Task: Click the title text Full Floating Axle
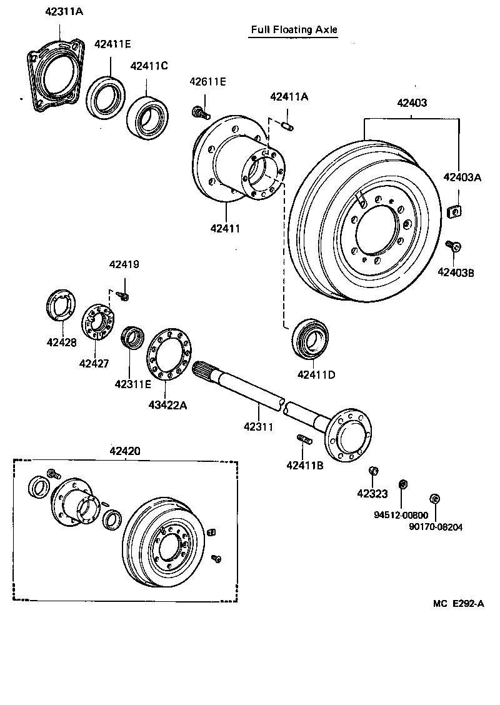tap(293, 29)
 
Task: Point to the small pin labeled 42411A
tap(288, 127)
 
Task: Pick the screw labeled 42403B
tap(455, 246)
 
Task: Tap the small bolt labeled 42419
tap(124, 295)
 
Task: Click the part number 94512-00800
tap(401, 516)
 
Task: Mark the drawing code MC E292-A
tap(458, 603)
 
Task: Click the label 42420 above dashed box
tap(125, 451)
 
